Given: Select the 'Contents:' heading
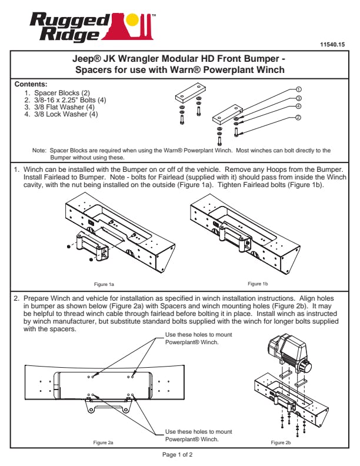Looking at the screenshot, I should [x=30, y=85].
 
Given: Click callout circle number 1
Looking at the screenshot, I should [x=299, y=90].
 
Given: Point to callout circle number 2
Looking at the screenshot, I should [x=299, y=118].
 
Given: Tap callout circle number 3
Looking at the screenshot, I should [x=299, y=98].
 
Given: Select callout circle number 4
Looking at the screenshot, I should [x=299, y=106].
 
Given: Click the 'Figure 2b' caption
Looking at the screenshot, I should [x=281, y=442].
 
